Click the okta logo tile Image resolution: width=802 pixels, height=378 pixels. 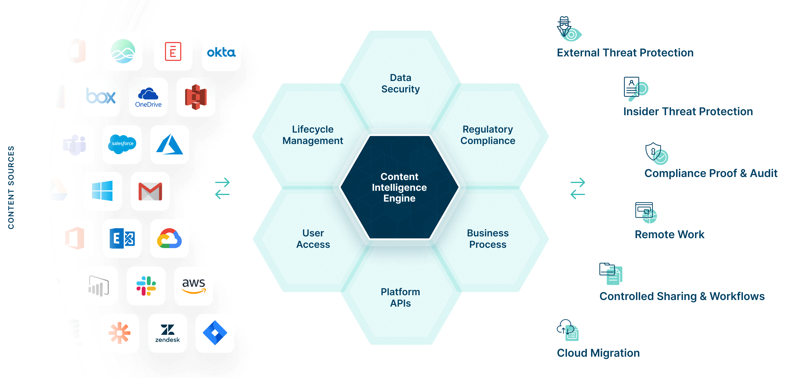221,52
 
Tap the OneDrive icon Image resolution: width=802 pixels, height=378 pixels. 148,97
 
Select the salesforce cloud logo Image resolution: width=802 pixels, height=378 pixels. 122,144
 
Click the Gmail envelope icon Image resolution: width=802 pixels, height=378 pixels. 150,191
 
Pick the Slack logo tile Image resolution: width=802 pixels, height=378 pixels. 146,286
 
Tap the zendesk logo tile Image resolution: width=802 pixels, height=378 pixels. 168,333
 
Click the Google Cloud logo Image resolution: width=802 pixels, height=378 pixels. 169,238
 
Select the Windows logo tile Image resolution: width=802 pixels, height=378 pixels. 102,191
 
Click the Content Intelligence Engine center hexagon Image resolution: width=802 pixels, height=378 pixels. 399,187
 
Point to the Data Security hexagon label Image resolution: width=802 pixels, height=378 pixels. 400,83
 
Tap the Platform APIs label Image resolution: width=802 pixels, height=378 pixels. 400,297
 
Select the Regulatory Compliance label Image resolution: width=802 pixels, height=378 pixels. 488,135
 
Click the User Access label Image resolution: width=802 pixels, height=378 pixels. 313,239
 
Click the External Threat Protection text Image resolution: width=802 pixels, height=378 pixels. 625,53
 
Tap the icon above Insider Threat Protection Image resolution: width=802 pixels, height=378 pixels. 635,89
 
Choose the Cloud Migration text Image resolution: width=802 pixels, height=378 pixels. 598,353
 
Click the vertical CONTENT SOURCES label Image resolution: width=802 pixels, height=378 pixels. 11,187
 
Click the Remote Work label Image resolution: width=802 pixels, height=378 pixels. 669,234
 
